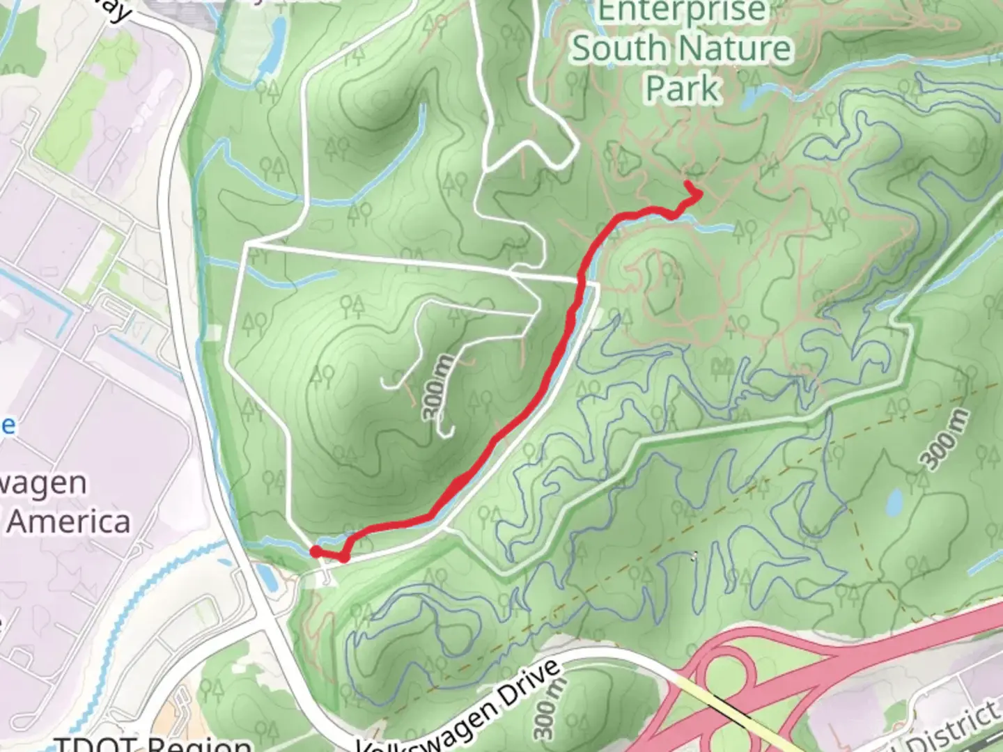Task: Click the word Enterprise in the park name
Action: click(x=681, y=13)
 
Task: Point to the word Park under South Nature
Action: click(x=681, y=89)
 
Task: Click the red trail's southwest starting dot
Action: click(x=316, y=551)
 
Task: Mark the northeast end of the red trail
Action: click(x=689, y=185)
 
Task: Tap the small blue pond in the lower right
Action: click(x=894, y=500)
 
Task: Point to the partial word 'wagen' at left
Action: click(x=43, y=483)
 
